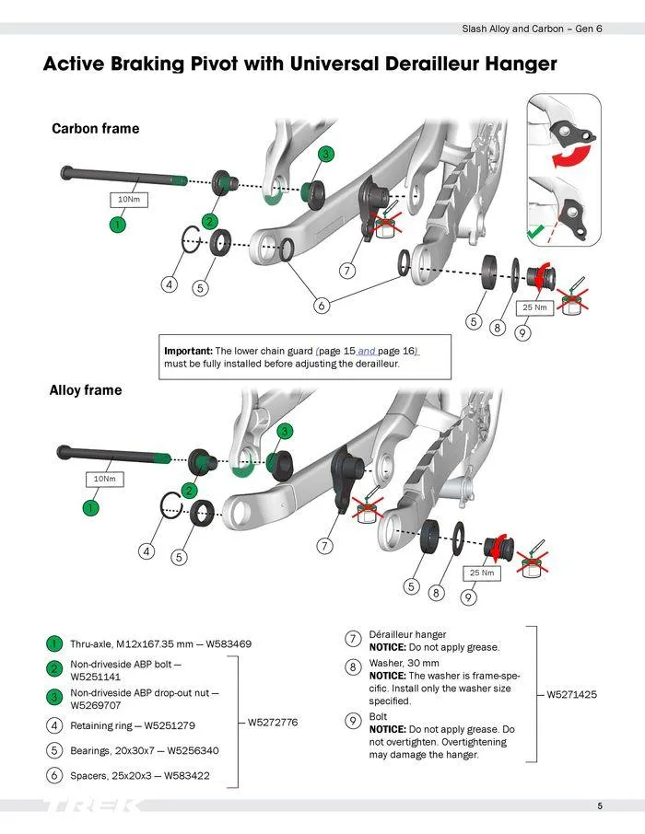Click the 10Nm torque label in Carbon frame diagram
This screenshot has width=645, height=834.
pos(128,199)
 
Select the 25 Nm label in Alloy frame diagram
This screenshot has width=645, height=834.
pos(482,573)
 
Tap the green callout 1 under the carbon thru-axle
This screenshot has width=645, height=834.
pos(117,223)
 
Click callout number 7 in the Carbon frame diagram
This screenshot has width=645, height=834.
pos(347,271)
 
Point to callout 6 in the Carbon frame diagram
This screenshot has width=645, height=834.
pos(322,306)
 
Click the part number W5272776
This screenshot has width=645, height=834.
pos(273,723)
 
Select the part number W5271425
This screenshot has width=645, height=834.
pos(572,694)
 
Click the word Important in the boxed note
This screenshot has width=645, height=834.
pos(188,351)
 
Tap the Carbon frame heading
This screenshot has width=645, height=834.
pos(95,129)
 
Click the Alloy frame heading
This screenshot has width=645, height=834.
pos(85,390)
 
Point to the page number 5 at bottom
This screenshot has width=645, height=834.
pos(599,806)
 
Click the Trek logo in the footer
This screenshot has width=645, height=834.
pos(92,806)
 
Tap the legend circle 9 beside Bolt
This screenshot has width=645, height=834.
pos(353,721)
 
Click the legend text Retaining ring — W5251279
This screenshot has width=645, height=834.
pos(133,725)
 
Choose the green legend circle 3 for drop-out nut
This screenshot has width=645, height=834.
pos(56,696)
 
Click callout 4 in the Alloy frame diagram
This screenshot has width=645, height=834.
pos(147,551)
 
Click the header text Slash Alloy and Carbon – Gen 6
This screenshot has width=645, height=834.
pos(532,29)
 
